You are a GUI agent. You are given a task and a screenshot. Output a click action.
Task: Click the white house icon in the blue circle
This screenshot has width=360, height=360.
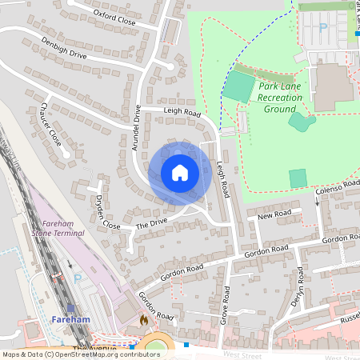(x=180, y=173)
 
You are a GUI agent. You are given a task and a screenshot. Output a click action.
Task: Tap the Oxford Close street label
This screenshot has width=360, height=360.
(x=114, y=18)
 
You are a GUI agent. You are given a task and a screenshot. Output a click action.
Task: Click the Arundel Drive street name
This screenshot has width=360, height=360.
(x=136, y=127)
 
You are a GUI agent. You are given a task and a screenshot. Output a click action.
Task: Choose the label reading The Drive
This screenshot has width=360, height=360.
(x=152, y=221)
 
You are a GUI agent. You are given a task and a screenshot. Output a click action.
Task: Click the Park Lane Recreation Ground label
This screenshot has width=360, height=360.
(x=280, y=96)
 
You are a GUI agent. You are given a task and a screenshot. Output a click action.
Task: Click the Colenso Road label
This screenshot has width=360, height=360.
(x=338, y=189)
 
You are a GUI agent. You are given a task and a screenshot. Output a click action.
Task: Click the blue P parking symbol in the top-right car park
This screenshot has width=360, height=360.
(x=323, y=27)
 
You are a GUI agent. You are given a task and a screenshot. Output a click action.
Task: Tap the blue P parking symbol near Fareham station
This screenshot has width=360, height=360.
(x=78, y=278)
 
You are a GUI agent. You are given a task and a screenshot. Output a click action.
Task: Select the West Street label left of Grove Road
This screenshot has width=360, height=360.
(x=242, y=353)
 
